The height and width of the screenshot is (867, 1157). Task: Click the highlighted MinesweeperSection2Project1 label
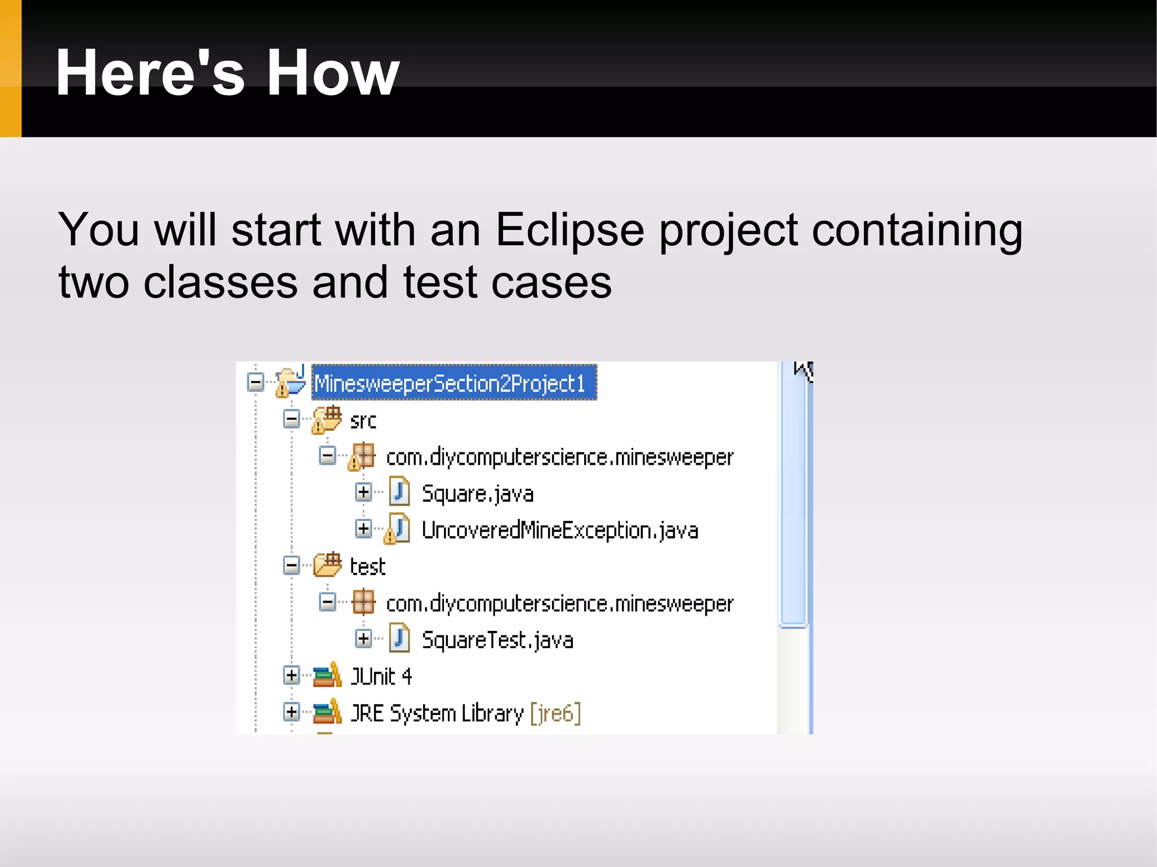(x=454, y=384)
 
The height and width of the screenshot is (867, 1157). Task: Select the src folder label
(x=363, y=420)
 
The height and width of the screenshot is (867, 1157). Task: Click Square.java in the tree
(x=477, y=494)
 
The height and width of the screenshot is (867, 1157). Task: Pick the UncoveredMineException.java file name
(x=559, y=530)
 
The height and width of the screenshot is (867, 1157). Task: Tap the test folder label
(x=367, y=567)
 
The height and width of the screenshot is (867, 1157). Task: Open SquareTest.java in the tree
(x=497, y=640)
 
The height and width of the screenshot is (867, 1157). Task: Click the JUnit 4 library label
(x=381, y=676)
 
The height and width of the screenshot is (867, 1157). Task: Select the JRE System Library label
(x=436, y=713)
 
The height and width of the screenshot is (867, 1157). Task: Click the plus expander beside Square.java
(x=363, y=492)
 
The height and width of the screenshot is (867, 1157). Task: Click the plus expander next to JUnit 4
(x=291, y=675)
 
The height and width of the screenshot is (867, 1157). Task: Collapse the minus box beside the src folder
(x=291, y=419)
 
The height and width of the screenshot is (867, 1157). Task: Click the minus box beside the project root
(x=255, y=382)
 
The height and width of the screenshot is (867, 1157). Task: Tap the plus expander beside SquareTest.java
(x=363, y=639)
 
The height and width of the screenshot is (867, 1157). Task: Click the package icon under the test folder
(x=363, y=602)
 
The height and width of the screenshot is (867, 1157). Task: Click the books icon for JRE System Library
(x=327, y=712)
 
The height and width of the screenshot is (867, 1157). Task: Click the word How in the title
(x=332, y=73)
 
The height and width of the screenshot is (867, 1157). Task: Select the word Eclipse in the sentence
(x=569, y=230)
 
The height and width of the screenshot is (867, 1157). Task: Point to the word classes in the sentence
(x=220, y=282)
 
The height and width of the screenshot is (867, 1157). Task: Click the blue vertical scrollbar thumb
(x=793, y=497)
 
